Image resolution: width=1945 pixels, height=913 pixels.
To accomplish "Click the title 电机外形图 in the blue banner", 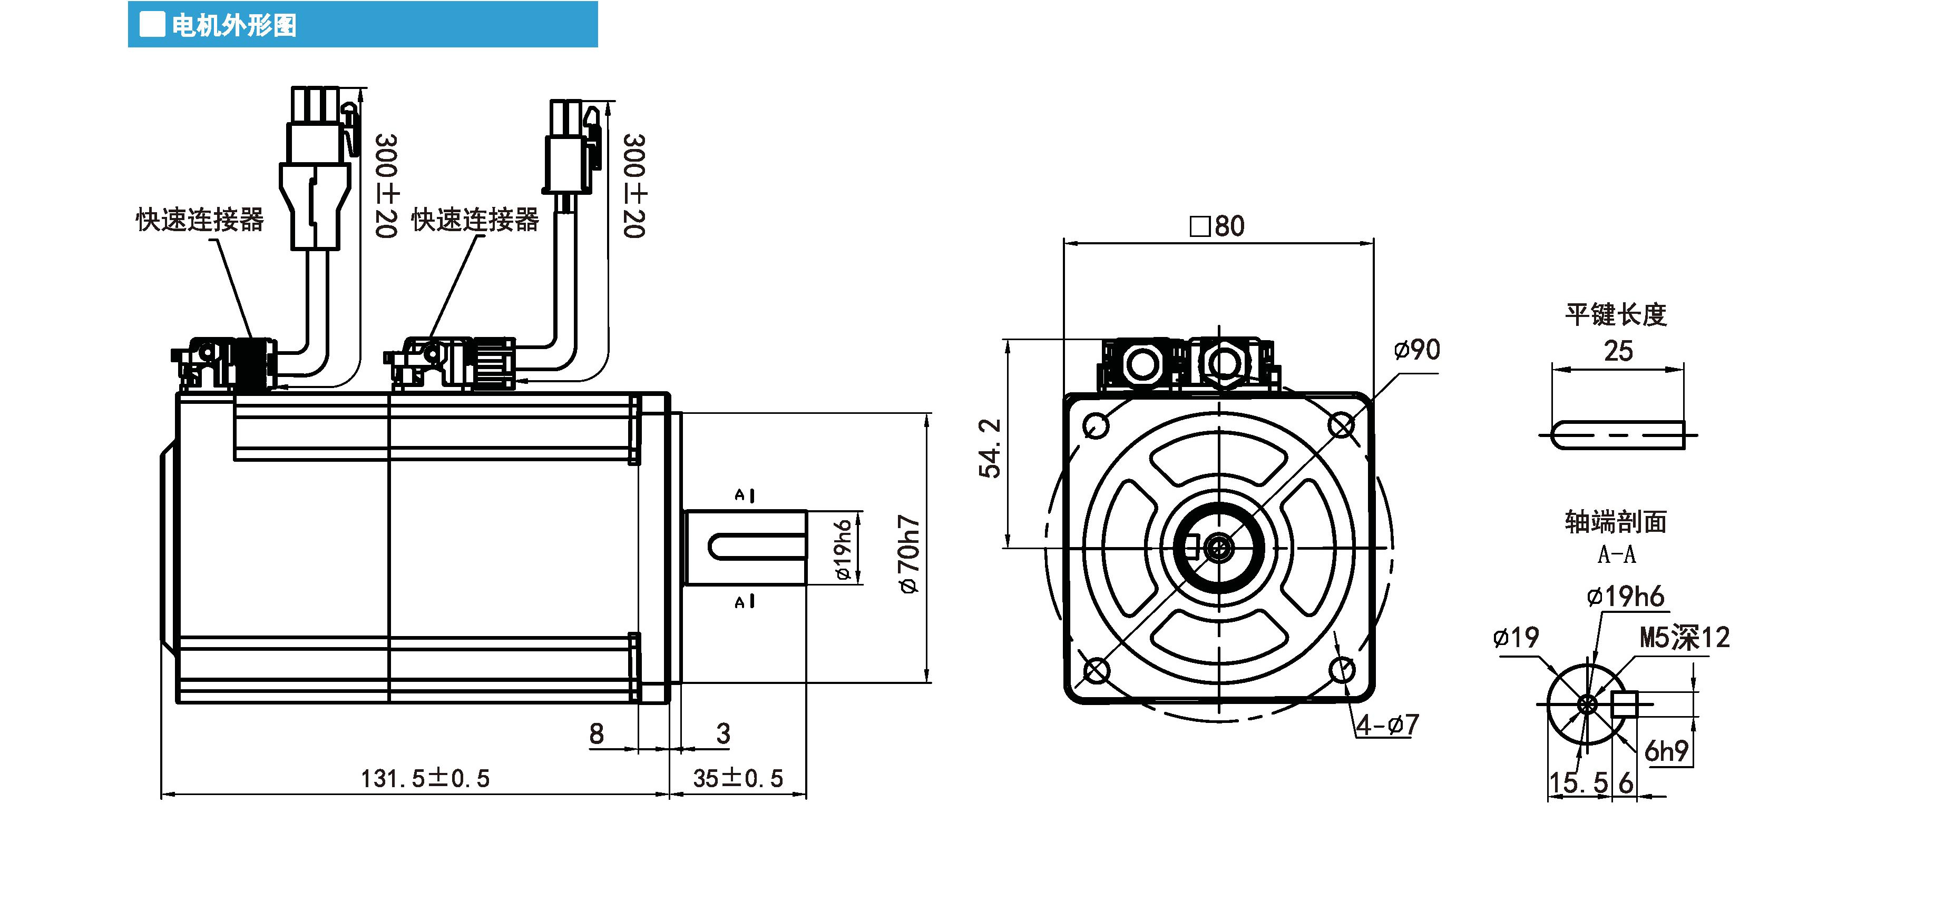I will [233, 25].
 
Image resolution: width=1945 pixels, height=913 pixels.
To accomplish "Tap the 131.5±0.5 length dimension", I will [425, 778].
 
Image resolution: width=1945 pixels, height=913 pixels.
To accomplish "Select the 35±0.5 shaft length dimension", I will [738, 778].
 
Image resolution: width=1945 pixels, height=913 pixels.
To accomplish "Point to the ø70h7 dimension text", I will [908, 554].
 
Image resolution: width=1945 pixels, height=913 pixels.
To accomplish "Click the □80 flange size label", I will [1217, 225].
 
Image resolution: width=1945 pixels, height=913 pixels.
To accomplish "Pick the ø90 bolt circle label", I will [1416, 350].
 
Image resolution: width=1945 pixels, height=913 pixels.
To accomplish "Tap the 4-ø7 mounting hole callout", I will [1387, 725].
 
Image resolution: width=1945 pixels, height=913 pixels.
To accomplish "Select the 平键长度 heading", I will [1615, 314].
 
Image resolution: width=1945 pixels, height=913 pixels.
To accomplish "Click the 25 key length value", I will [1618, 351].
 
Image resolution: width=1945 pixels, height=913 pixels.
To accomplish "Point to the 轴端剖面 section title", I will [1615, 521].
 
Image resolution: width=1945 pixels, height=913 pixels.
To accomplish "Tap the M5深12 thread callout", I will [1684, 638].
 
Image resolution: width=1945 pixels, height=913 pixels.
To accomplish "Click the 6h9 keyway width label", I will [1666, 751].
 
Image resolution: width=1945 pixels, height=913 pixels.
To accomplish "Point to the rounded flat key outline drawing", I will [1617, 435].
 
